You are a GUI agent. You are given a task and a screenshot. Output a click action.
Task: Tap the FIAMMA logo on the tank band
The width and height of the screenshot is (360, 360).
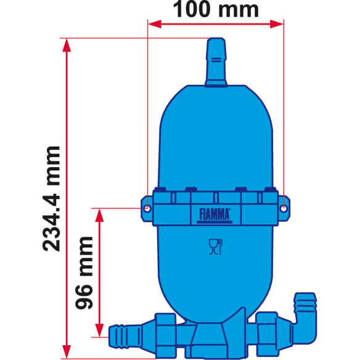pos(215,214)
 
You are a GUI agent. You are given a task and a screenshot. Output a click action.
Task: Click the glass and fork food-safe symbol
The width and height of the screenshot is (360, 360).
pos(214,248)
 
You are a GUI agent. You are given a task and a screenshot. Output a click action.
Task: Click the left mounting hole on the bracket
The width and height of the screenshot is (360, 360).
pos(147,208)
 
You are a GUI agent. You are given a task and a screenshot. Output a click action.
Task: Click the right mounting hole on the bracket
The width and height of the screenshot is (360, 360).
pos(283,208)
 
